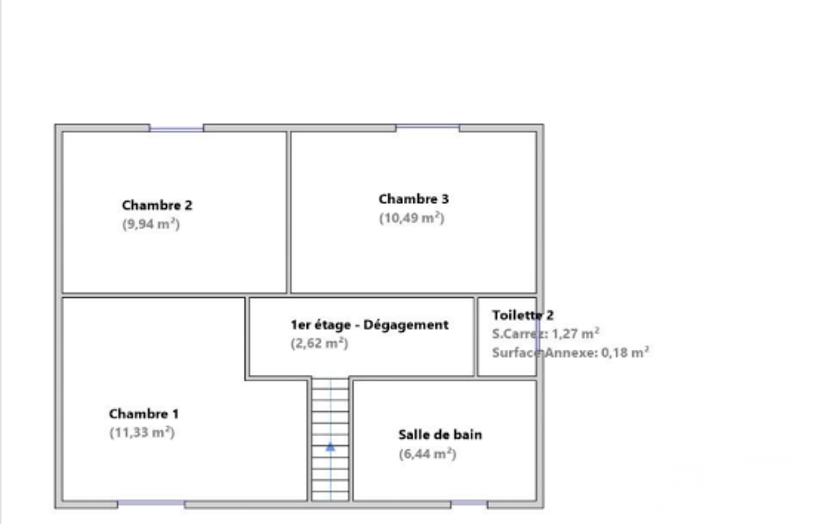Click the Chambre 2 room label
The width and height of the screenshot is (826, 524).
tap(157, 205)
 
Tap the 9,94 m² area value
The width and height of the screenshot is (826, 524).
tap(152, 224)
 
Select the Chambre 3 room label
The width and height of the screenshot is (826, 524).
tap(413, 199)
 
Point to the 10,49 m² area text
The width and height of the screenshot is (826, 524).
tap(412, 218)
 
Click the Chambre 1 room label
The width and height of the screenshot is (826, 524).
tap(143, 414)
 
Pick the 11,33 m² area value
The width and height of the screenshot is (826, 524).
tap(142, 432)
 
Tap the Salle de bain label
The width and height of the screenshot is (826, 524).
tap(440, 435)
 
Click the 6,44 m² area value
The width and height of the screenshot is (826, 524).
tap(427, 454)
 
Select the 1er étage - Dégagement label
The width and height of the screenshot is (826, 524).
tap(369, 325)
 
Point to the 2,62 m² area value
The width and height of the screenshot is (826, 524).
tap(319, 343)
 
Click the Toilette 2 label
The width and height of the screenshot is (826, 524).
tap(522, 315)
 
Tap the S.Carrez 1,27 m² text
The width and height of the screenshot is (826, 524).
tap(546, 334)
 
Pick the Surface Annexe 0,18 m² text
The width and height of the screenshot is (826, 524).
tap(571, 352)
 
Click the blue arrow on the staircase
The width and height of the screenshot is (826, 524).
tap(330, 447)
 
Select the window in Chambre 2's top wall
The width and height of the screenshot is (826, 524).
tap(176, 128)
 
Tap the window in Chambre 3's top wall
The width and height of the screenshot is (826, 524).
tap(427, 127)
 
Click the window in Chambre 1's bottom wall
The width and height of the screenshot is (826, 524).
tap(152, 504)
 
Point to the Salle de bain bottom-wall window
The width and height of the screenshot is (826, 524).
tap(469, 504)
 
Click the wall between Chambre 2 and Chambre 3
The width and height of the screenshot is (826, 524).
tap(288, 212)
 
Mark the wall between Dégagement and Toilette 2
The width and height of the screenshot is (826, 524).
tap(475, 337)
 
